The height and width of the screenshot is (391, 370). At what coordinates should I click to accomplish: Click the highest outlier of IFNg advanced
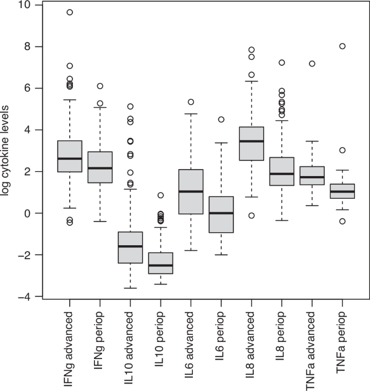pos(70,12)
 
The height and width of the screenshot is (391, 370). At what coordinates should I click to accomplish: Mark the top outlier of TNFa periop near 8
pos(342,46)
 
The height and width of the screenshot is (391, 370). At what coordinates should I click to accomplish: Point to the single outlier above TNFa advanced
pos(312,64)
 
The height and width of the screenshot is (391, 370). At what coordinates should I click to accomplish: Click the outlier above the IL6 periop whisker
pos(221,119)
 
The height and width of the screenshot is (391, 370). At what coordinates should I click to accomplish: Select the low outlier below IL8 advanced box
pos(251,215)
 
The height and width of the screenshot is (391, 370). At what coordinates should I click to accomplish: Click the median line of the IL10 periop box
pos(160,265)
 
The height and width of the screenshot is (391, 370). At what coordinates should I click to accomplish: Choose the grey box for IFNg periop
pos(100,167)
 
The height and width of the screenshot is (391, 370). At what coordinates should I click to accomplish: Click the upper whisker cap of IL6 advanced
pos(191,114)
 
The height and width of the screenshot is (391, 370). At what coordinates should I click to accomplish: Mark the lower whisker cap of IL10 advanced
pos(130,288)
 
